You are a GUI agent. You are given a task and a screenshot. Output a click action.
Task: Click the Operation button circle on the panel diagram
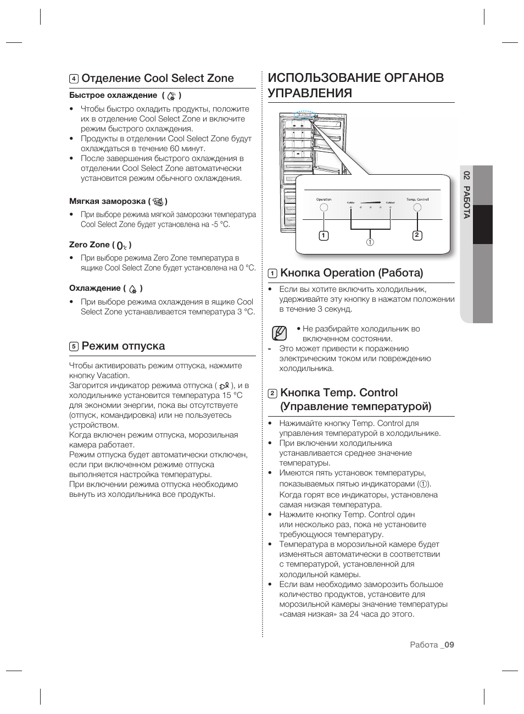[x=324, y=208]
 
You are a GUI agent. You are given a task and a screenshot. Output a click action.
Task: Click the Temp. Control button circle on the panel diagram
[x=417, y=208]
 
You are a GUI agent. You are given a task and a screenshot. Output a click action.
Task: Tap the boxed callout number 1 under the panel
[x=324, y=236]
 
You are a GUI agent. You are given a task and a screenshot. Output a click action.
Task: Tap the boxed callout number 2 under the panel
[x=417, y=235]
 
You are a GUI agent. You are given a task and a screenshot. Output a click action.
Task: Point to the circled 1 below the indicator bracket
[x=370, y=242]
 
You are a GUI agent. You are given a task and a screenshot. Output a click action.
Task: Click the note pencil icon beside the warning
[x=279, y=333]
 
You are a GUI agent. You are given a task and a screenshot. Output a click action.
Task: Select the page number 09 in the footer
[x=450, y=645]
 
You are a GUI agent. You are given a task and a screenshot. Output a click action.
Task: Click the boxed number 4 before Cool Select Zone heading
[x=74, y=79]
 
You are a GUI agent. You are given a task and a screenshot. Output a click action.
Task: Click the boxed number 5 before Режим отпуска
[x=74, y=346]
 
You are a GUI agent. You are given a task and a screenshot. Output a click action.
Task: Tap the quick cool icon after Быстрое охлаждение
[x=172, y=96]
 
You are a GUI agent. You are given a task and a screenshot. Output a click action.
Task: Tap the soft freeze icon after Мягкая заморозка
[x=158, y=201]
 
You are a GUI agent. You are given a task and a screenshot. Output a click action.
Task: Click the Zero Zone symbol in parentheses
[x=122, y=246]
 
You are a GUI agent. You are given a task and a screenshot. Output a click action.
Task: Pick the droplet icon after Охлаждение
[x=132, y=289]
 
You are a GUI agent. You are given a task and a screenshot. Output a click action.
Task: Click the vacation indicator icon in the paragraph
[x=223, y=386]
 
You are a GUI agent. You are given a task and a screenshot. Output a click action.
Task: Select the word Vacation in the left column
[x=113, y=375]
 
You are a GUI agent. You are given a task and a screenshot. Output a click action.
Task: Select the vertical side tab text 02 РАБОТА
[x=466, y=195]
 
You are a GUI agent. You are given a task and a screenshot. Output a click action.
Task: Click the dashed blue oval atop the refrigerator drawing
[x=304, y=115]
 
